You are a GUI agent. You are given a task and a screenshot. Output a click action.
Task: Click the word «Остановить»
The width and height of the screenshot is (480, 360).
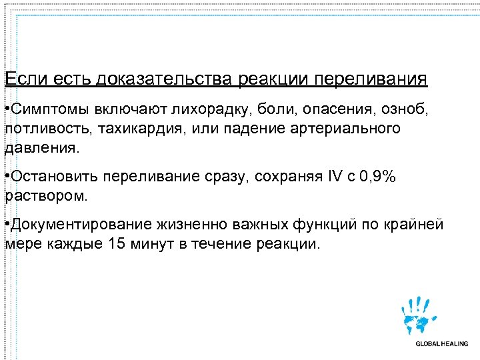pos(51,178)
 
